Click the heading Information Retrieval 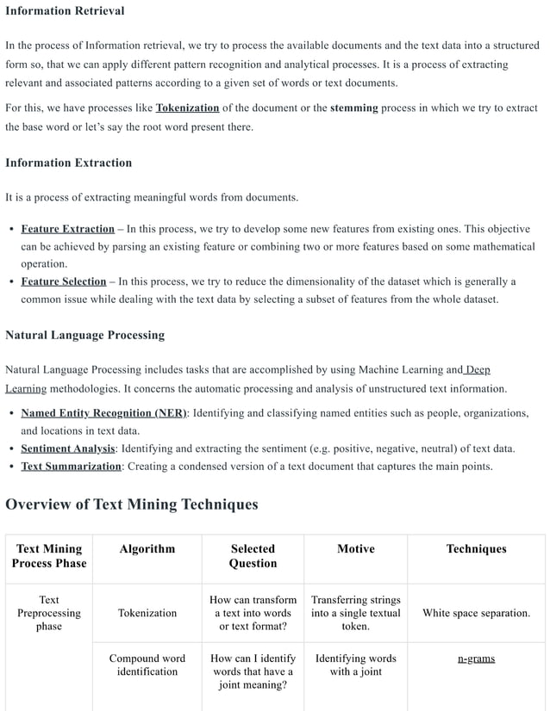[x=65, y=11]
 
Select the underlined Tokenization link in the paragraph [x=187, y=108]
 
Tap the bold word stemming [x=353, y=108]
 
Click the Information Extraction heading [x=69, y=163]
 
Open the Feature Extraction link [x=67, y=229]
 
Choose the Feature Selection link [x=63, y=281]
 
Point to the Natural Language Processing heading [x=84, y=335]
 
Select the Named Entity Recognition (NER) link [x=103, y=413]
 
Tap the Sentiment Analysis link [x=68, y=448]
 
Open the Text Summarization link [x=71, y=467]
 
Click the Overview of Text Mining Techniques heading [x=132, y=504]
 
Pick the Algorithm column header [x=147, y=549]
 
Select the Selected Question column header [x=253, y=556]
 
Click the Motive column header [x=355, y=549]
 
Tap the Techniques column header [x=476, y=549]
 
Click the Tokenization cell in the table [x=147, y=614]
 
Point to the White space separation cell [x=476, y=614]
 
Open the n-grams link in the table [x=476, y=659]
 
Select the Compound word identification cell [x=147, y=665]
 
